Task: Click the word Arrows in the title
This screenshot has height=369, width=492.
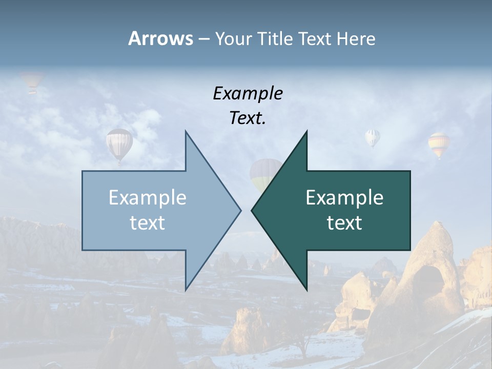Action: coord(160,38)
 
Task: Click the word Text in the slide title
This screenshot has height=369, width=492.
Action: coord(315,39)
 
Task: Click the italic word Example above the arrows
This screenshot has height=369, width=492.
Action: coord(248,94)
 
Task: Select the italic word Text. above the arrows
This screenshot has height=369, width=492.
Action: coord(248,118)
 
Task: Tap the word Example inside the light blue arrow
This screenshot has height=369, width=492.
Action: coord(148,198)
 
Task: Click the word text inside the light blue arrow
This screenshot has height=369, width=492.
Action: coord(148,223)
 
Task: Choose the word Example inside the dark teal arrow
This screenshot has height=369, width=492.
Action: coord(344,198)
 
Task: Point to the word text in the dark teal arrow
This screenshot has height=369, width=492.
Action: coord(344,223)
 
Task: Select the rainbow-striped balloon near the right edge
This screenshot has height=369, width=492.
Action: coord(439,144)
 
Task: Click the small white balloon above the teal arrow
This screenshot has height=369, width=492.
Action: coord(373,137)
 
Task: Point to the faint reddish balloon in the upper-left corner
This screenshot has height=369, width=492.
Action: coord(32,81)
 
